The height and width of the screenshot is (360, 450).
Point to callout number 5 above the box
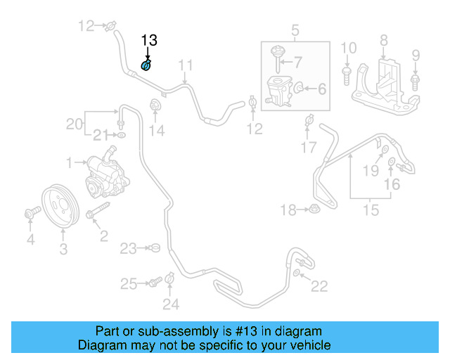coord(295,30)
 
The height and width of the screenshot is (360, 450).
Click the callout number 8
coord(383,40)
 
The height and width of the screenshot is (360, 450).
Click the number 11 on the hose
coord(185,67)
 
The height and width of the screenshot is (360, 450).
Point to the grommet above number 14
coord(154,108)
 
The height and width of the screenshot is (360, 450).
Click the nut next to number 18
coord(311,209)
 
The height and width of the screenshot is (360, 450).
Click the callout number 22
coord(320,285)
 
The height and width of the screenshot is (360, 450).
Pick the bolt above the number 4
coord(31,211)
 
